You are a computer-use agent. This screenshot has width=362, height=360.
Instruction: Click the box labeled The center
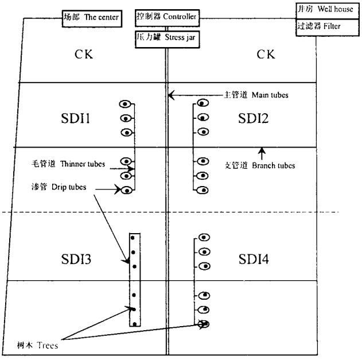[x=91, y=18]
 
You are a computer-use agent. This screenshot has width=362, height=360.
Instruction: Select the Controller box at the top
[x=167, y=17]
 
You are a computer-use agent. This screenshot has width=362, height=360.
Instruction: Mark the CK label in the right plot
[x=264, y=55]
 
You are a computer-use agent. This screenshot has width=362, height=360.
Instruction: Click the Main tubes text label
[x=255, y=95]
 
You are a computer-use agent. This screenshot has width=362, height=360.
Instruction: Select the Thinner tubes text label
[x=69, y=164]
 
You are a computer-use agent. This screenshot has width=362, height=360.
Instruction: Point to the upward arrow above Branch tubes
[x=262, y=152]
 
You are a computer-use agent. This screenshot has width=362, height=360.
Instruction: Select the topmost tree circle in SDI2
[x=202, y=103]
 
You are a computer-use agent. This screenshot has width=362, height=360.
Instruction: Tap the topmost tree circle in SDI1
[x=124, y=104]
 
